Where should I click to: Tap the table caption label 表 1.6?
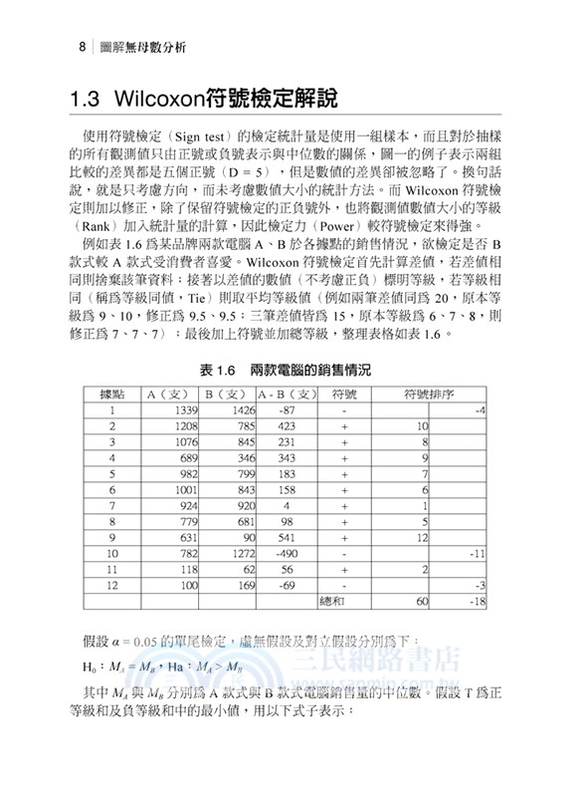point(219,370)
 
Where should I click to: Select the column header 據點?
point(125,394)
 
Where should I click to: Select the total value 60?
point(422,602)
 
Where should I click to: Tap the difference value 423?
point(287,426)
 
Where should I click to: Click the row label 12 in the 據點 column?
point(112,586)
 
